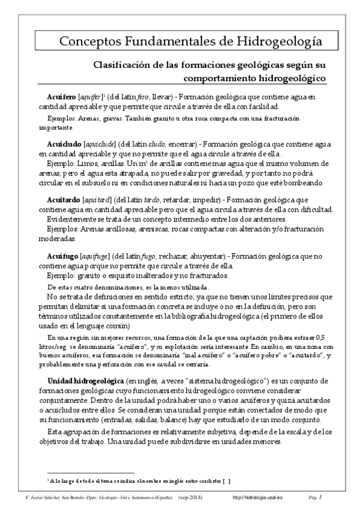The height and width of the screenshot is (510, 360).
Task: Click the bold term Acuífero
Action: coord(61,97)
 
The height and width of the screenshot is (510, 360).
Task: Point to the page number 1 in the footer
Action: coord(321,497)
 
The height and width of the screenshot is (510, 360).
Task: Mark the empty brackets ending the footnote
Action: coord(226,481)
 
